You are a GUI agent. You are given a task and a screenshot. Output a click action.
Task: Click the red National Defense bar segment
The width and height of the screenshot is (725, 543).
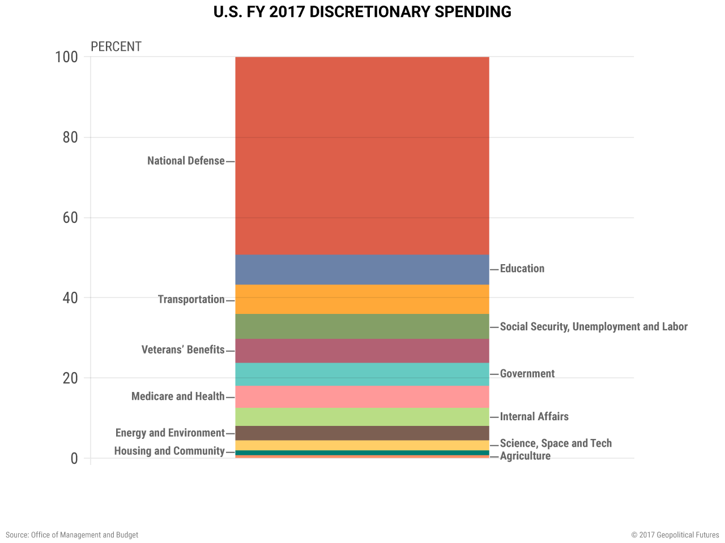[x=362, y=156]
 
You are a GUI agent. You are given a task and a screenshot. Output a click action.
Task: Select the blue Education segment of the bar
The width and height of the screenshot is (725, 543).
[x=362, y=269]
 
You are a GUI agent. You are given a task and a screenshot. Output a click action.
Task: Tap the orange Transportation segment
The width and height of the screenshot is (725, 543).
[x=362, y=299]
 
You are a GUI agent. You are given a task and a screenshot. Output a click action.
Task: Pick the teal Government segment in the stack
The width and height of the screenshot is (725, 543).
[x=362, y=374]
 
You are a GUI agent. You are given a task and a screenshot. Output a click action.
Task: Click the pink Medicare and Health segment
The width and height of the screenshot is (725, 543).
[x=362, y=397]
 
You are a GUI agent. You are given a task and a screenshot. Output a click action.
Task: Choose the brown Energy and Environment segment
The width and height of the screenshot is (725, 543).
[x=362, y=433]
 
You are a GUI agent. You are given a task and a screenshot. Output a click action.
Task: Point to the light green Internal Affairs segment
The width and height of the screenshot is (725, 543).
[x=362, y=417]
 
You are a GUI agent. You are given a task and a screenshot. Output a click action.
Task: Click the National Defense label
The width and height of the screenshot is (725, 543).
[x=186, y=161]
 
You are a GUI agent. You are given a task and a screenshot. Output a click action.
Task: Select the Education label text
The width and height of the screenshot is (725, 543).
[x=522, y=269]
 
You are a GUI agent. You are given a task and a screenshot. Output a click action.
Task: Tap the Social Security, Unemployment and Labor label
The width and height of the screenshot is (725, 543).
[x=593, y=326]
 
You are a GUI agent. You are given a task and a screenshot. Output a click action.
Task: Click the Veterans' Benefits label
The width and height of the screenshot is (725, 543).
[x=183, y=350]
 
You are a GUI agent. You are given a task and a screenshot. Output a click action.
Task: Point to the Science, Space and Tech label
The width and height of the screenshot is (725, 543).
[x=555, y=443]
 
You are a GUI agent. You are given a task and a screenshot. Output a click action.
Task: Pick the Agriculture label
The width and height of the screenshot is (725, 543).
[x=525, y=456]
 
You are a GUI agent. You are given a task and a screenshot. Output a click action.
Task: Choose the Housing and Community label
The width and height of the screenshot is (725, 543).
[x=169, y=451]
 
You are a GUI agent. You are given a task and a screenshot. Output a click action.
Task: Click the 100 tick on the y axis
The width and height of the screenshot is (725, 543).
[x=66, y=57]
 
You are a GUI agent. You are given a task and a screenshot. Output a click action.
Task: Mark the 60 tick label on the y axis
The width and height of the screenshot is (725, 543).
[x=70, y=218]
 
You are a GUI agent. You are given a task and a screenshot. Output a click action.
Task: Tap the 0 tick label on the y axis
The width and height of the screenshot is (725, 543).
[x=74, y=458]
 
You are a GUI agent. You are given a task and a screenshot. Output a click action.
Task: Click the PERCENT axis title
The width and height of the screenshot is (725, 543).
[x=116, y=46]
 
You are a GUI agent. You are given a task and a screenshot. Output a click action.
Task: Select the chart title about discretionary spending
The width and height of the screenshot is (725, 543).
[x=362, y=12]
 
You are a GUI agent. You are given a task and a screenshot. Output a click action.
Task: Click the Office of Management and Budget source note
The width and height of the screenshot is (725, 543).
[x=72, y=535]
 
